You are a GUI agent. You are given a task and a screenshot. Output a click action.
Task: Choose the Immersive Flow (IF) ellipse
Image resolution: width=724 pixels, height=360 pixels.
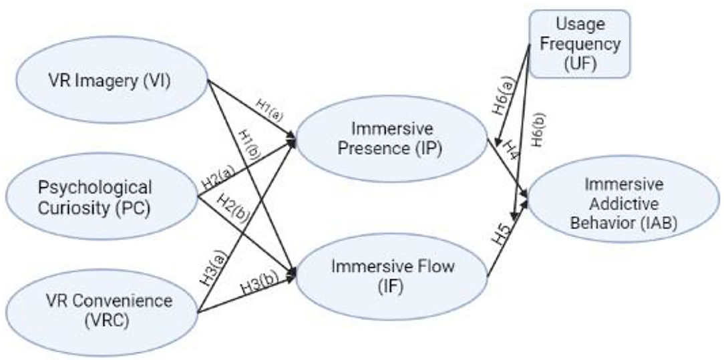[393, 275]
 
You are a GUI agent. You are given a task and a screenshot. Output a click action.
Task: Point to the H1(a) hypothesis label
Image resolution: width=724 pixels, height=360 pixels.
[269, 110]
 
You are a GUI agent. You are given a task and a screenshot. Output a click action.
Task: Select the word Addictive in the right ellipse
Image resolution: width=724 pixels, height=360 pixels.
[623, 204]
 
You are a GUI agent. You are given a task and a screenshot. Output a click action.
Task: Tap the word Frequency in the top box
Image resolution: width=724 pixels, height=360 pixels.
[580, 44]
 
